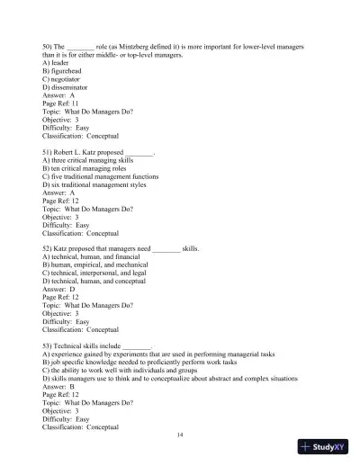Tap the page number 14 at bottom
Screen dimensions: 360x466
tap(180, 435)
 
